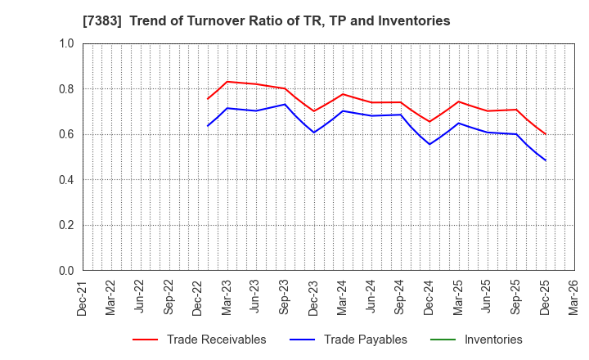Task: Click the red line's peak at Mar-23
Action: click(x=227, y=82)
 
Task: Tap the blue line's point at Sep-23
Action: click(x=285, y=104)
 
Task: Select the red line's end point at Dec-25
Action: click(x=545, y=134)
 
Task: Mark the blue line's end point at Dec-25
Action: click(x=545, y=160)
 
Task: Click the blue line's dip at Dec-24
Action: click(x=429, y=144)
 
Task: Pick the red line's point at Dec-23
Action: click(x=314, y=111)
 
